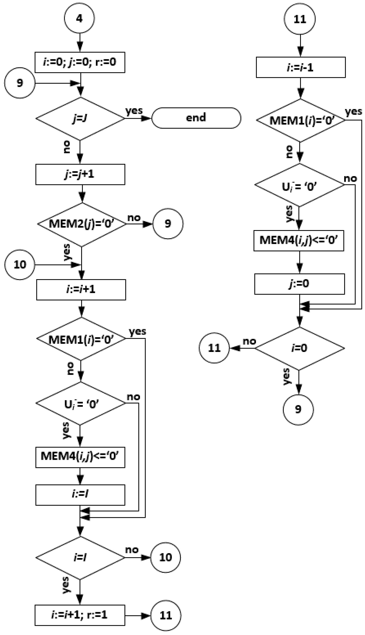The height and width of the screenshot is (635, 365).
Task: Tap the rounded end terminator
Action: [196, 118]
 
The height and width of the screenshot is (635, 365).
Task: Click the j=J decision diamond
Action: [80, 119]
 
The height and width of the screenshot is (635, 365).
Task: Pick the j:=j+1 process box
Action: [80, 174]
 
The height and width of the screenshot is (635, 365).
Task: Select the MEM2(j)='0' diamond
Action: [81, 224]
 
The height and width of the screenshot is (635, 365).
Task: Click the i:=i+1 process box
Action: [81, 290]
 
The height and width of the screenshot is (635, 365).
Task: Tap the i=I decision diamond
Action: [80, 558]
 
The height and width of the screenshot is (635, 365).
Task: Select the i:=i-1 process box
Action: [300, 67]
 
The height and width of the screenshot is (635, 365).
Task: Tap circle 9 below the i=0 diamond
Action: [298, 410]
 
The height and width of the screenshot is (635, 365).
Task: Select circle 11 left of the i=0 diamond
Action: [214, 348]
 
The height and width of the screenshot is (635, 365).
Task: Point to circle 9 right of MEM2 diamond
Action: [168, 224]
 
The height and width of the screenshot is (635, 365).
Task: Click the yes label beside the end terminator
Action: [134, 110]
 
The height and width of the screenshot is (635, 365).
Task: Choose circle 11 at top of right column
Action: [300, 19]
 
